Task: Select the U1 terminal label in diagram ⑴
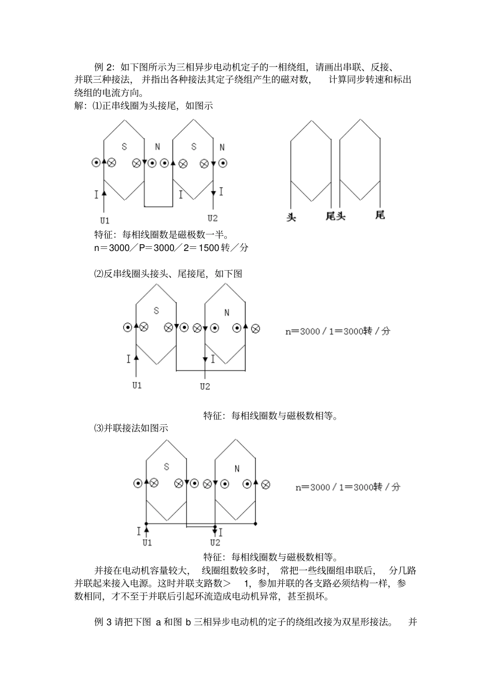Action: (x=105, y=218)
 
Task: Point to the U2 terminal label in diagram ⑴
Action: (x=213, y=218)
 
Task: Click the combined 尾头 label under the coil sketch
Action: (x=335, y=216)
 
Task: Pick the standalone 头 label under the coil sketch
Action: (x=292, y=216)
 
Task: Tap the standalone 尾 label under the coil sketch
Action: (x=380, y=215)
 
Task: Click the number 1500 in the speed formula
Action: (x=209, y=248)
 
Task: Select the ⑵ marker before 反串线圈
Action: (x=98, y=274)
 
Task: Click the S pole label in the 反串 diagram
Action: (x=156, y=311)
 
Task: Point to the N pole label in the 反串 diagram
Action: (x=226, y=313)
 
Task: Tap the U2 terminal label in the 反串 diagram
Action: (x=205, y=387)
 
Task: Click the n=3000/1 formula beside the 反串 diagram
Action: (x=338, y=331)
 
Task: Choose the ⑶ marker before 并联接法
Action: (x=98, y=428)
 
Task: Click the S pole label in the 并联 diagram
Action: (x=166, y=467)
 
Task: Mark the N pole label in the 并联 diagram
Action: (x=237, y=469)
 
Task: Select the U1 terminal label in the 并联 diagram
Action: (x=147, y=543)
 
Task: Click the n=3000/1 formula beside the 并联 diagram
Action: (x=348, y=487)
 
